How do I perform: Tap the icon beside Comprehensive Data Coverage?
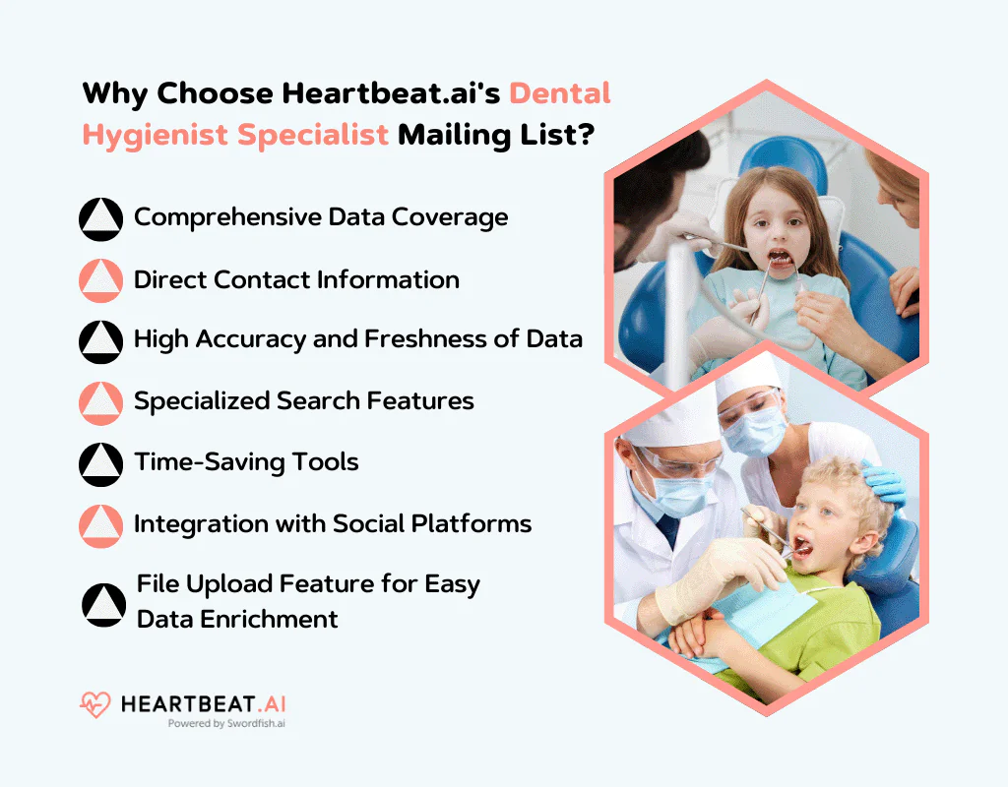tap(100, 218)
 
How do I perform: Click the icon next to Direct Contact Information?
tap(100, 280)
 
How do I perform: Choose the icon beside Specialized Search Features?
tap(100, 402)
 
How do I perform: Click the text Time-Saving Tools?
tap(246, 461)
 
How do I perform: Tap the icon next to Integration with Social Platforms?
tap(100, 525)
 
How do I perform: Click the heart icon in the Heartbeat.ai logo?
tap(94, 704)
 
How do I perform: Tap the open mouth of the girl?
tap(779, 258)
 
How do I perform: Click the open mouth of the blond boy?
tap(801, 544)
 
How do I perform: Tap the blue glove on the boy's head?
tap(882, 482)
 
